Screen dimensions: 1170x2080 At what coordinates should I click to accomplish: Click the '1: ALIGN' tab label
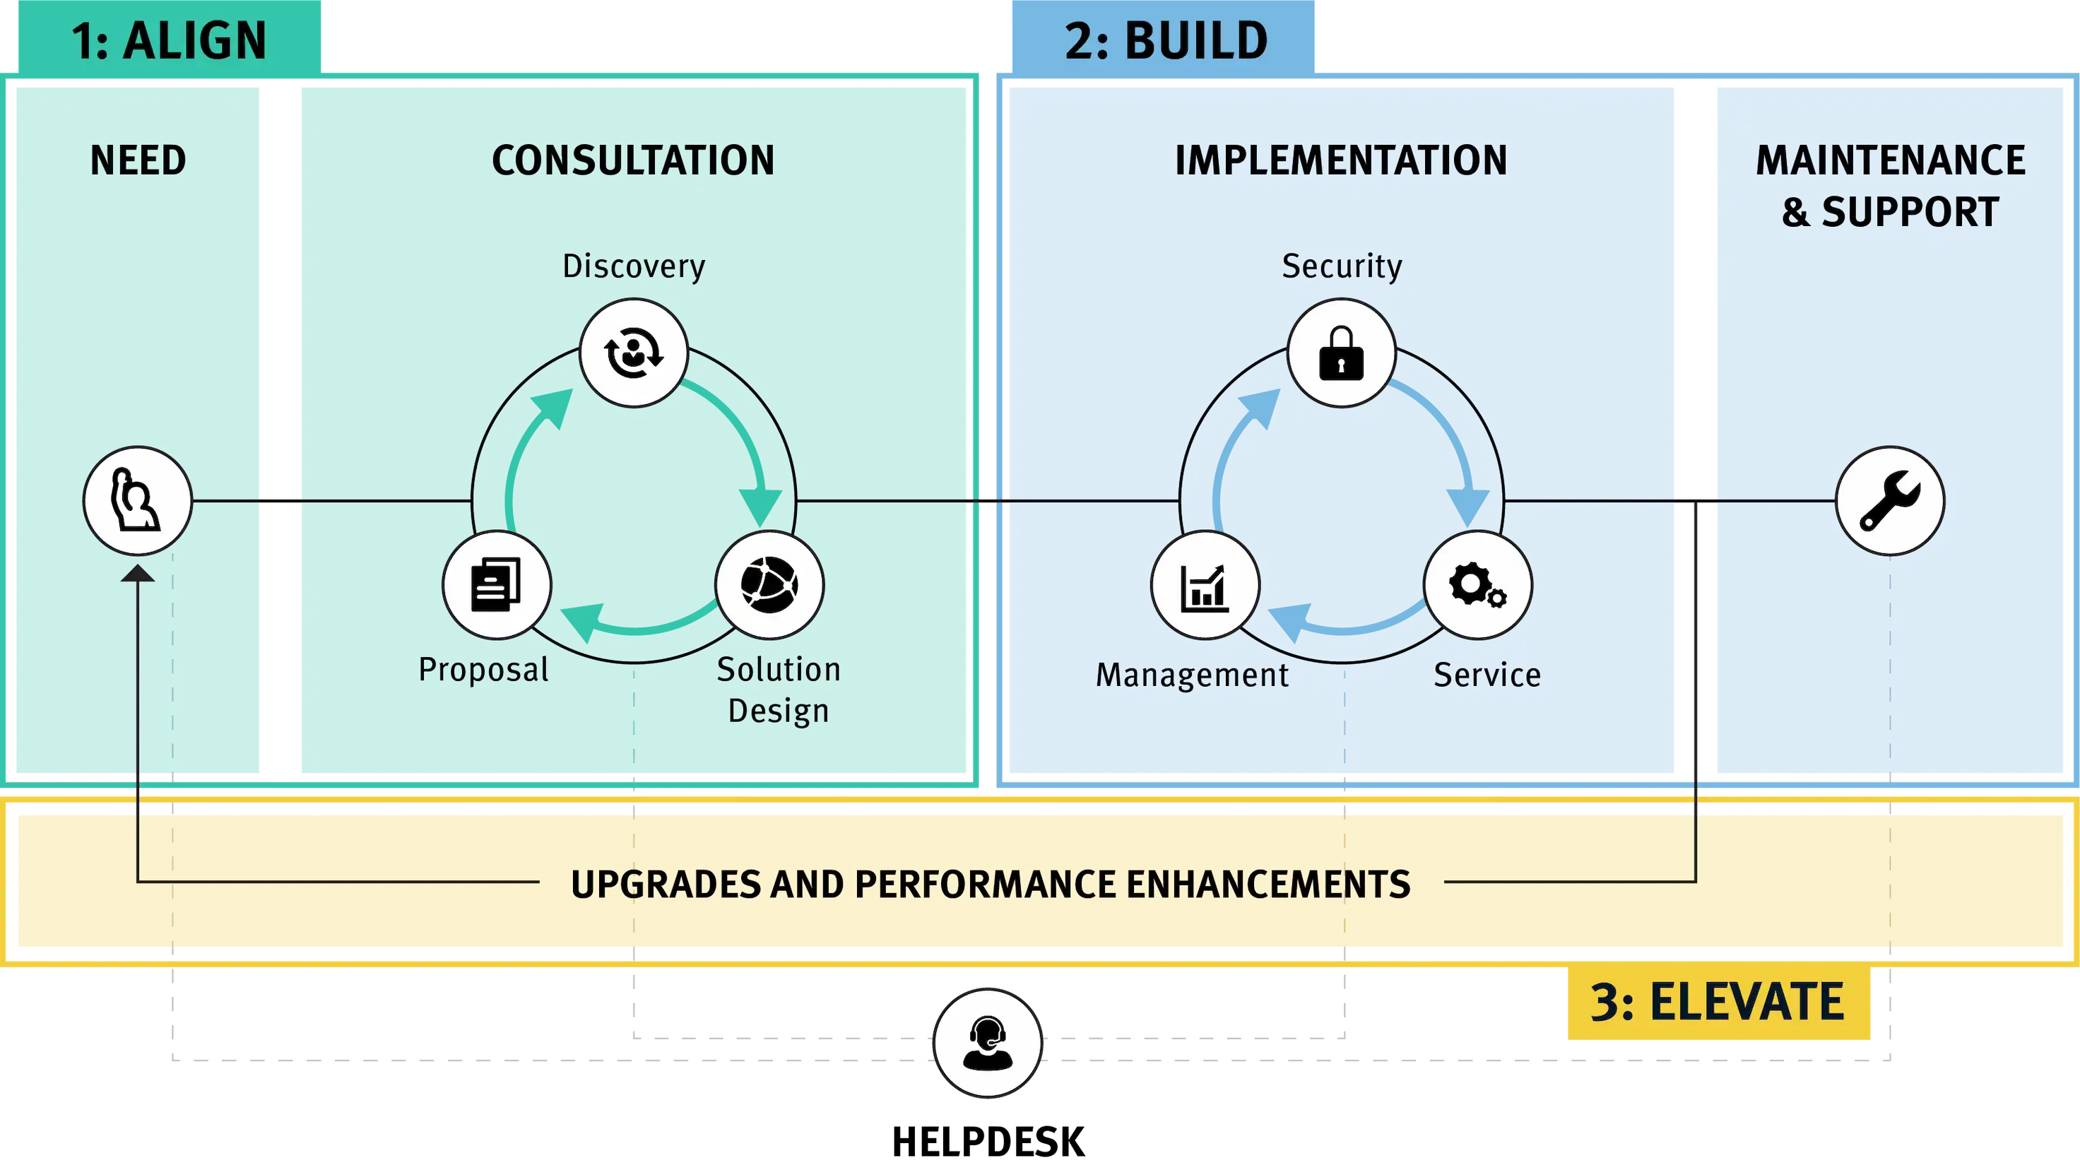[169, 40]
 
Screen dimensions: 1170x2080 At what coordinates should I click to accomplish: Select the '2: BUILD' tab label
[1166, 40]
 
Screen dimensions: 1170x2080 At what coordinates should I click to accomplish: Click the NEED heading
[138, 160]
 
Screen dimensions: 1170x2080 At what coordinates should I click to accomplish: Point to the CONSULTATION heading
[633, 160]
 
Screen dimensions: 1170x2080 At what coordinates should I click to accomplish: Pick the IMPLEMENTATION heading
[1340, 160]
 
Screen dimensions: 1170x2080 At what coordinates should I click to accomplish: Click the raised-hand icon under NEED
[137, 501]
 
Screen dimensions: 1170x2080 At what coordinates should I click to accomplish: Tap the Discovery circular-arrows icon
[634, 353]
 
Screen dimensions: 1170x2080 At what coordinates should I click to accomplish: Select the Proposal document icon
[497, 584]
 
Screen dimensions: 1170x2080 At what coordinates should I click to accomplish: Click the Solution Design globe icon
[769, 584]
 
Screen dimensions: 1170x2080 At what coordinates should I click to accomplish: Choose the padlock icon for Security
[1341, 353]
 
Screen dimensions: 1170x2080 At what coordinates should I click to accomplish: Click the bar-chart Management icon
[1205, 584]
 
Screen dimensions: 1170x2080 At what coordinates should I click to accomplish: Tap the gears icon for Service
[1477, 584]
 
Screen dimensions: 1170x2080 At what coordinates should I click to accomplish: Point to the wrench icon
[1889, 501]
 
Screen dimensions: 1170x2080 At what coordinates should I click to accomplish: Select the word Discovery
[634, 266]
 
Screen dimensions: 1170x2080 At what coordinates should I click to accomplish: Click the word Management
[1192, 675]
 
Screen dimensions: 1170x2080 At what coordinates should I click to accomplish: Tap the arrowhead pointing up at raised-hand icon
[137, 574]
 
